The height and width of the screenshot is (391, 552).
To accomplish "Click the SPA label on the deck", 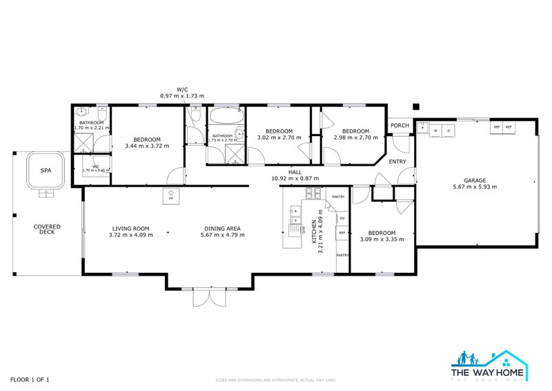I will point(46,170).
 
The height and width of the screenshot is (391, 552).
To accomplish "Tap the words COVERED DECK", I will point(48,229).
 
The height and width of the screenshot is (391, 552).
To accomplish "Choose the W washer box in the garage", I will point(437,129).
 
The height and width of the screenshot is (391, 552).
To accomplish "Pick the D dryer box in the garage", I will point(448,129).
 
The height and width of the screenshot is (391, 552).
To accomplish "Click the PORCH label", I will point(400,126).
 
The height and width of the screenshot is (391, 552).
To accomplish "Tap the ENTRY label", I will point(398,162).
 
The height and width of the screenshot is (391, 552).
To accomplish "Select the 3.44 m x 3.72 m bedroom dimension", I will point(146,146).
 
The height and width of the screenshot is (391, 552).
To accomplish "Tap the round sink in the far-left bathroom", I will point(81,111).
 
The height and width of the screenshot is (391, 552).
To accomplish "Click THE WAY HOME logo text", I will point(489,372).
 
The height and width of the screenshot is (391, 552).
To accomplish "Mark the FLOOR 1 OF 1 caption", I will point(29,379).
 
